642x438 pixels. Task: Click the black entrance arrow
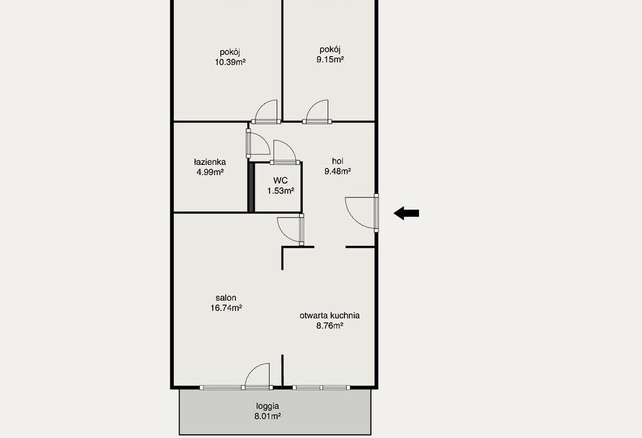406,213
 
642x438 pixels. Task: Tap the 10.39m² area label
230,62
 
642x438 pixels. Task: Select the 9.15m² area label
330,59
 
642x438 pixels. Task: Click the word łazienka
209,162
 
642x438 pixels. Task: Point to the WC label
280,180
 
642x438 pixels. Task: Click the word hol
337,162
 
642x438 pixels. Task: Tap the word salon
226,298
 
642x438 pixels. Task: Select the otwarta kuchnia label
330,316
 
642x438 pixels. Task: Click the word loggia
268,406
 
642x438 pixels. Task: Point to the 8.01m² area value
268,417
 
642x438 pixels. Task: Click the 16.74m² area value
226,308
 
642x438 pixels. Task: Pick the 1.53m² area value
280,191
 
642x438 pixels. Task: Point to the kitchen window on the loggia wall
322,387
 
